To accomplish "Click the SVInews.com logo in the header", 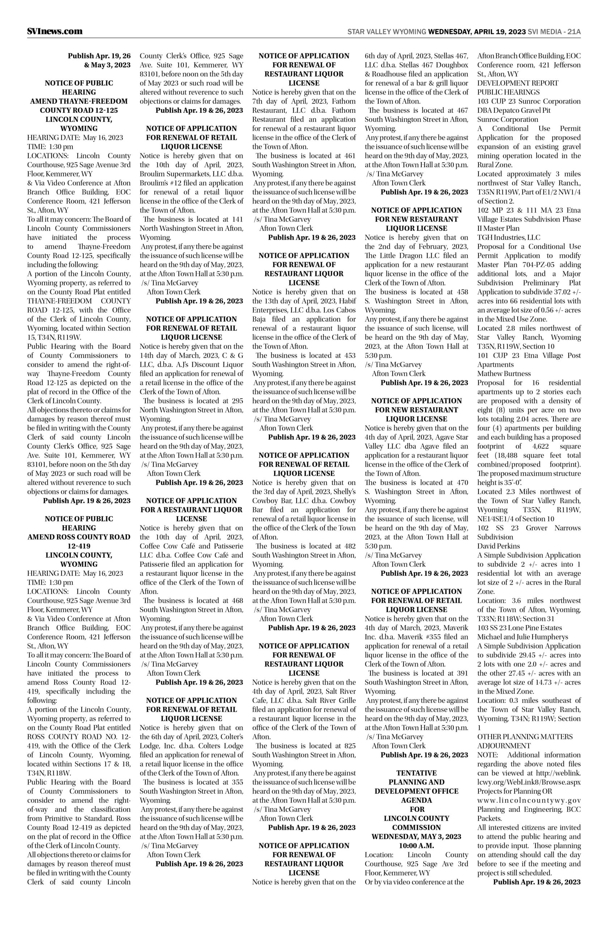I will (x=55, y=31).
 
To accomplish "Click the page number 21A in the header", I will (x=574, y=31).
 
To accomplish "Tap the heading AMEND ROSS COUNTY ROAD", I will (x=79, y=537).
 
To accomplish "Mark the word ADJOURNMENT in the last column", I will (x=504, y=746).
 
